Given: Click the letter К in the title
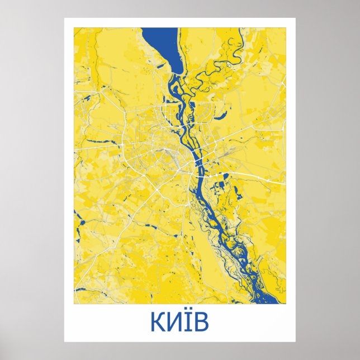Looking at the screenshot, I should (157, 323).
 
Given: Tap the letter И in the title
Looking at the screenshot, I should (173, 323).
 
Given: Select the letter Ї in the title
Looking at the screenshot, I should (186, 323).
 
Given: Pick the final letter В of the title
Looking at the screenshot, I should (200, 323).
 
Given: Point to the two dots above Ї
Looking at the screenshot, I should (186, 314).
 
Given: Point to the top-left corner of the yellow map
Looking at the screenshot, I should (74, 28).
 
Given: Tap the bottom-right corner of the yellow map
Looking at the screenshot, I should (285, 304).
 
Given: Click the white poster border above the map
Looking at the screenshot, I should (179, 22).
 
